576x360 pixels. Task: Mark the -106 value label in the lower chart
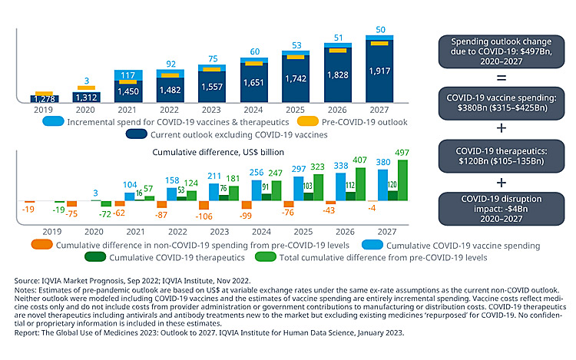coord(204,216)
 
